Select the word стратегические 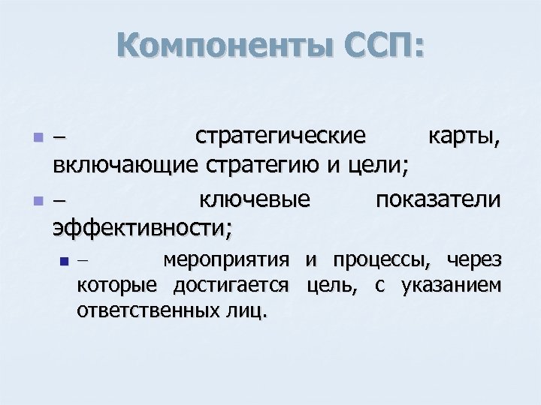click(x=280, y=136)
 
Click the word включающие click(x=123, y=163)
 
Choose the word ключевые click(x=255, y=200)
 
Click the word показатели click(x=438, y=200)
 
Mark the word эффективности click(x=141, y=226)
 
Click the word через click(x=473, y=261)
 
